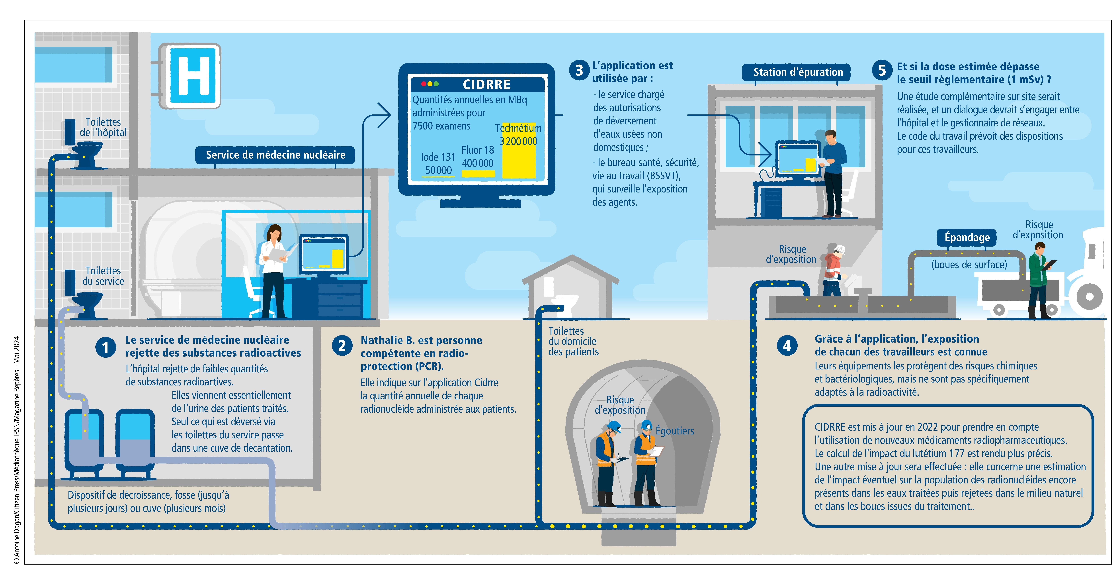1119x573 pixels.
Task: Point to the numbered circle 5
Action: pos(882,70)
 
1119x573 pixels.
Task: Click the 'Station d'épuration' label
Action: pos(798,72)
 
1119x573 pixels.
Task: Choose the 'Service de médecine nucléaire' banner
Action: pos(275,155)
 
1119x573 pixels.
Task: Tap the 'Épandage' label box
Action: pos(967,237)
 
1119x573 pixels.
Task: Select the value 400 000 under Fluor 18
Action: pos(477,163)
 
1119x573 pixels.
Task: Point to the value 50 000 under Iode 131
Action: pos(438,170)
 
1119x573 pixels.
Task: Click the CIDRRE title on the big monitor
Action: pos(486,84)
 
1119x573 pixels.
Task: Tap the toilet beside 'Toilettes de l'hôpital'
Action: pos(88,154)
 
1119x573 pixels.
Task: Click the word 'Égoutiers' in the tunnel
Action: pos(675,431)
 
